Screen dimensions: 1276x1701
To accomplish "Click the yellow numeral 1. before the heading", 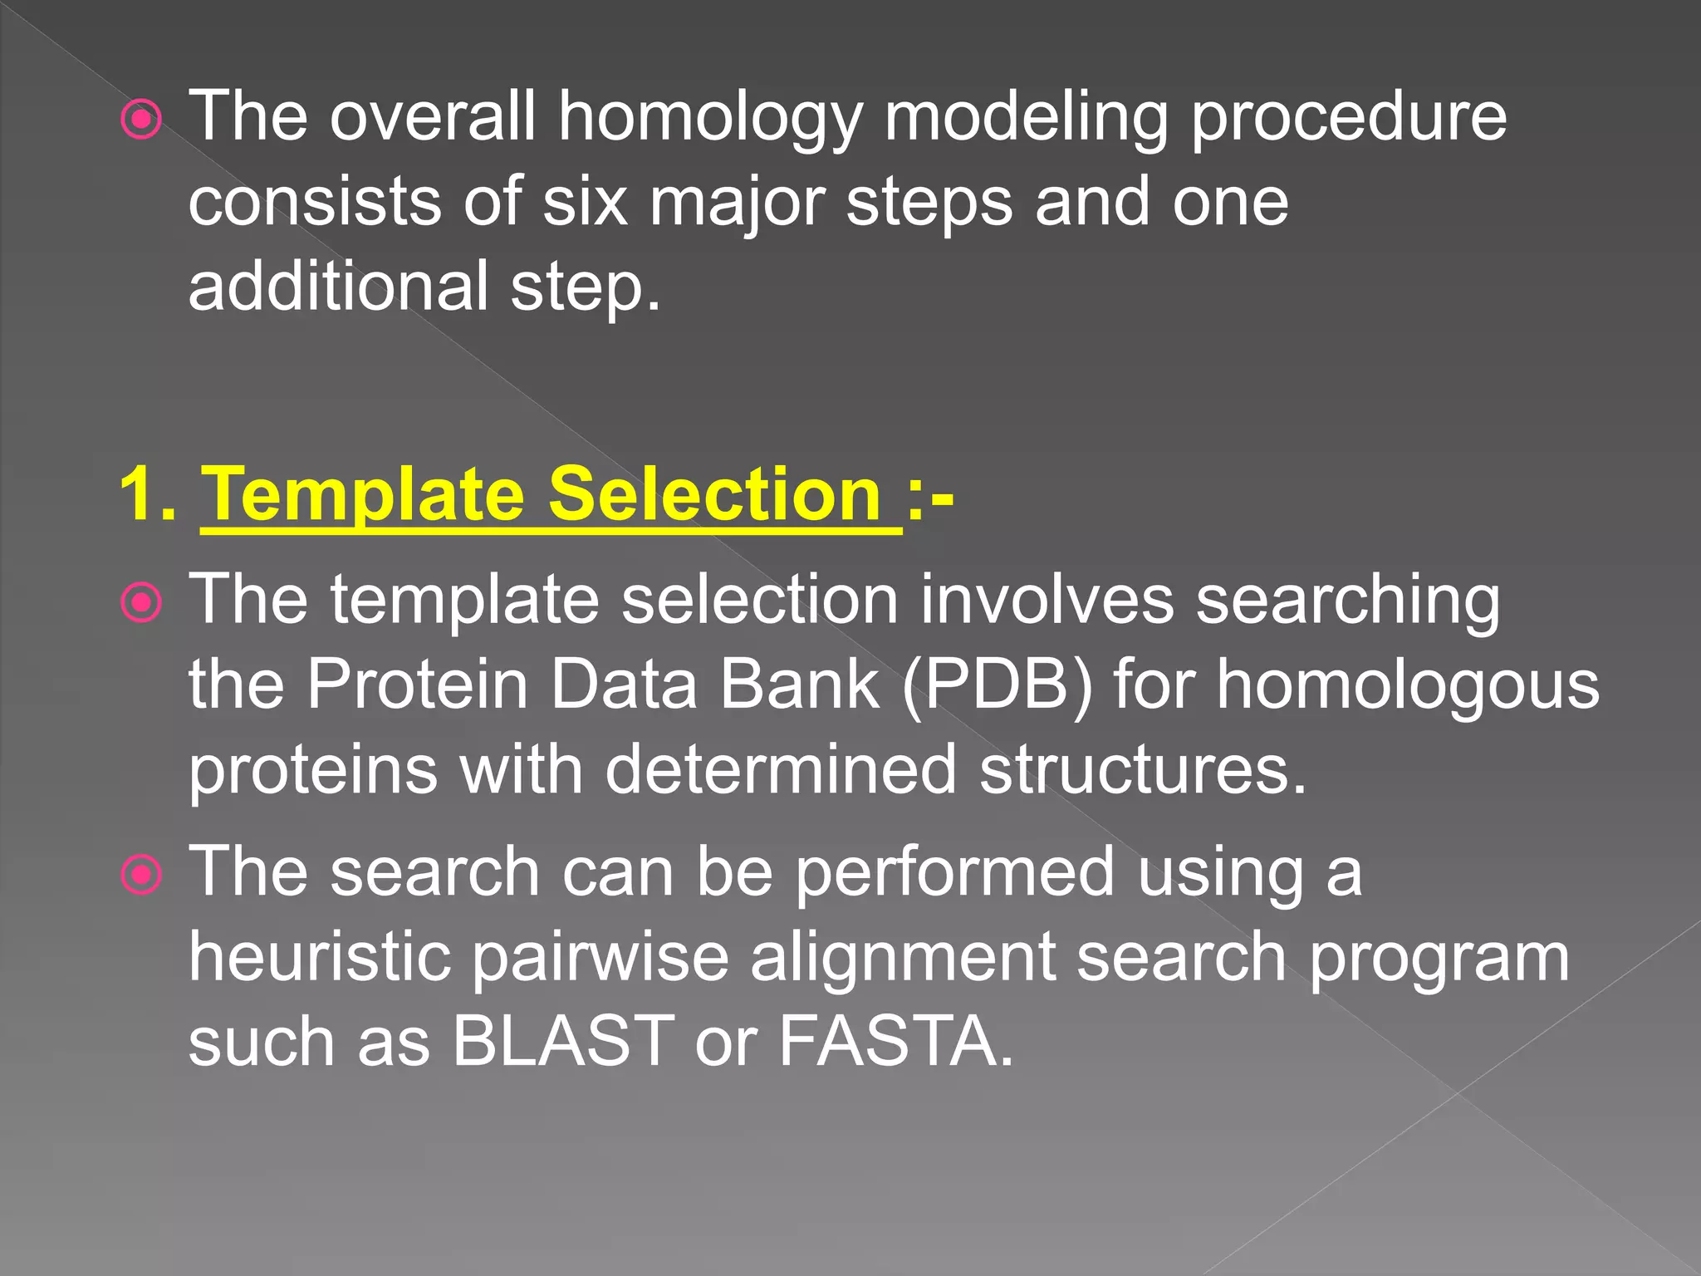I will click(147, 495).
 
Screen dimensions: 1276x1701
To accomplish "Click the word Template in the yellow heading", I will click(363, 495).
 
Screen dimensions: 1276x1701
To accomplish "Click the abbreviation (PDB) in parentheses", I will click(997, 685).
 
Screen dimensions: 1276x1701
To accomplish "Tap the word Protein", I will click(418, 685).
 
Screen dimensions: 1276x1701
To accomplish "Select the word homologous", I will click(1408, 685).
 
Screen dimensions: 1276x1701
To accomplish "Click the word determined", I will click(781, 769).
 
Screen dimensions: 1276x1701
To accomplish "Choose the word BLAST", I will click(563, 1041).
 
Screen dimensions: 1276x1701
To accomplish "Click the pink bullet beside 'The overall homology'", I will click(142, 121).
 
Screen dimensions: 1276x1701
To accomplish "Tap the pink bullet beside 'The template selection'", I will click(142, 603).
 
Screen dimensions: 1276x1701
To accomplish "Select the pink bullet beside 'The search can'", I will click(142, 875).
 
